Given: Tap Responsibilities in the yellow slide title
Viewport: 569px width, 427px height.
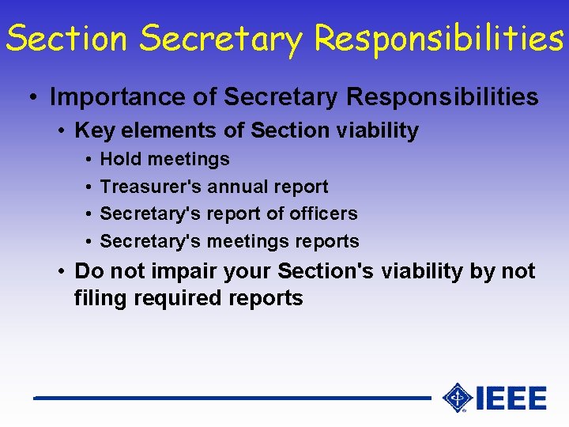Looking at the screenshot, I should click(439, 38).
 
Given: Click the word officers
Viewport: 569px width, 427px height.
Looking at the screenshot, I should click(324, 213).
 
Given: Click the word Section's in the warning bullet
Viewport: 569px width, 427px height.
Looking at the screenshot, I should click(326, 271).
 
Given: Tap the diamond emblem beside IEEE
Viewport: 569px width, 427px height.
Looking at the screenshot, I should click(458, 398).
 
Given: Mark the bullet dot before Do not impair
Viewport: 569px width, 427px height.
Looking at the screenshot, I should click(61, 272).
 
